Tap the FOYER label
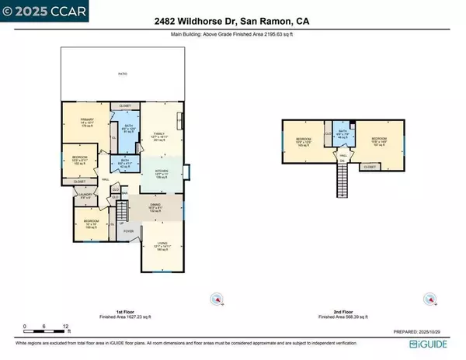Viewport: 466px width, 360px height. tap(128, 230)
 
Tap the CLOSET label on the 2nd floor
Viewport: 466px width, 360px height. tap(370, 166)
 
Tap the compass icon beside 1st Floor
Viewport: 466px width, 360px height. tap(218, 299)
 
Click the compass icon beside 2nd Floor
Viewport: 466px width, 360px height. tap(426, 299)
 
